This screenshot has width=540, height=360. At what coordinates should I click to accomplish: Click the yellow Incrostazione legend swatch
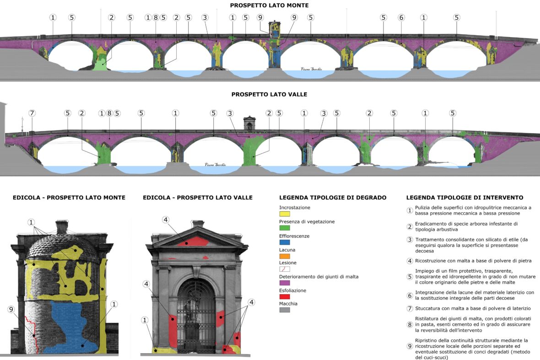pyautogui.click(x=284, y=214)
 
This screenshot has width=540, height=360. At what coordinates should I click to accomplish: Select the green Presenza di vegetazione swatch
pyautogui.click(x=284, y=228)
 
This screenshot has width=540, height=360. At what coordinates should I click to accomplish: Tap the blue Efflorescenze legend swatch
pyautogui.click(x=284, y=242)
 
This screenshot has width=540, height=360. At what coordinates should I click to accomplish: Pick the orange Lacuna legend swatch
pyautogui.click(x=284, y=256)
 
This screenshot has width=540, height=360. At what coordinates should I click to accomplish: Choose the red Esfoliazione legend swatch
pyautogui.click(x=284, y=296)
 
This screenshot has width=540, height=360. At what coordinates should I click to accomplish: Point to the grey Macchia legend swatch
pyautogui.click(x=284, y=310)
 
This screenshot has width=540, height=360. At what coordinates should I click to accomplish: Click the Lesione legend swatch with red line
pyautogui.click(x=284, y=269)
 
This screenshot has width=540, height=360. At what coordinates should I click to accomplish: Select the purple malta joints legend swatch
pyautogui.click(x=284, y=283)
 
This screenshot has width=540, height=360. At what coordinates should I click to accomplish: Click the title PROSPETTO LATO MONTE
pyautogui.click(x=269, y=5)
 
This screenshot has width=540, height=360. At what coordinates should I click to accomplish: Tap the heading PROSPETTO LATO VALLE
pyautogui.click(x=269, y=94)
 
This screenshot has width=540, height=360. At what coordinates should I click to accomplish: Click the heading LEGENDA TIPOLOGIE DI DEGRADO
pyautogui.click(x=333, y=198)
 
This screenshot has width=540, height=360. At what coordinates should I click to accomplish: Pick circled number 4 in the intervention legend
pyautogui.click(x=410, y=261)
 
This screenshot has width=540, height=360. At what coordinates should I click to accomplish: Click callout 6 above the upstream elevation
pyautogui.click(x=401, y=17)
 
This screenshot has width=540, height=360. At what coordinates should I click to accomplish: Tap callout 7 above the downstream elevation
pyautogui.click(x=32, y=113)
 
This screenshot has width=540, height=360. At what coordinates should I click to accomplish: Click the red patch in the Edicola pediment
pyautogui.click(x=192, y=242)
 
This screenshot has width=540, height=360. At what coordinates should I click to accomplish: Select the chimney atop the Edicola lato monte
pyautogui.click(x=61, y=227)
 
